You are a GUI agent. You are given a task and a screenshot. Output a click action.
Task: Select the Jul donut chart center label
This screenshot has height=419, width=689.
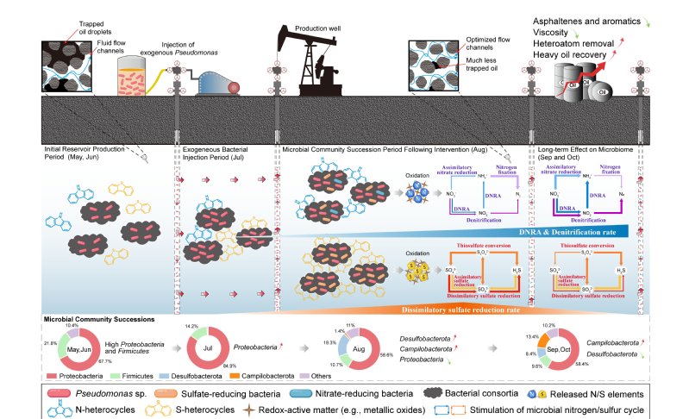tap(205, 347)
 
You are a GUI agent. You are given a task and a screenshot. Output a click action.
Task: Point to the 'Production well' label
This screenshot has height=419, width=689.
tap(319, 28)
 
